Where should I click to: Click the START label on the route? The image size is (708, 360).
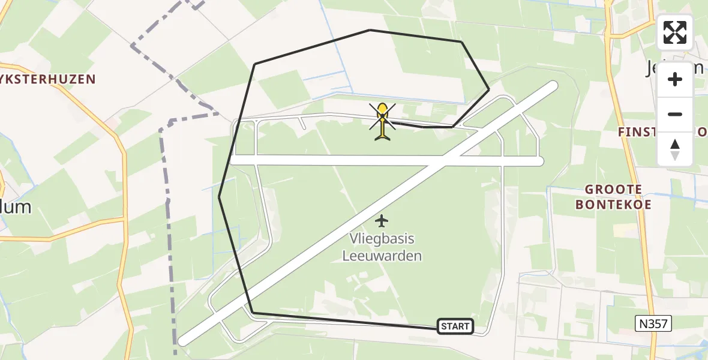click(455, 326)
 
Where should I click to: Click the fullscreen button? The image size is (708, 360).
click(675, 32)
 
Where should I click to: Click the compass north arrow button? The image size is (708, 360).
click(675, 149)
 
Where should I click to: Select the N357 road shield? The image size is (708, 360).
click(653, 324)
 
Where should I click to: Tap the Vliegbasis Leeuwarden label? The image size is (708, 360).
click(382, 247)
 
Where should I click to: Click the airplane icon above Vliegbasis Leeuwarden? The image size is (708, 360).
click(382, 221)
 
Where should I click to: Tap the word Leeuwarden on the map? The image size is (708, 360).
click(382, 256)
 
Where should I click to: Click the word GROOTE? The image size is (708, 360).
click(614, 190)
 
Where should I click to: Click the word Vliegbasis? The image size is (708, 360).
click(382, 239)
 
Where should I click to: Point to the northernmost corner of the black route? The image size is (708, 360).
click(370, 29)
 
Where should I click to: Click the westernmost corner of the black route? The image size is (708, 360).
click(219, 196)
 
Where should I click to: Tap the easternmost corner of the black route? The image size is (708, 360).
click(489, 89)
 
